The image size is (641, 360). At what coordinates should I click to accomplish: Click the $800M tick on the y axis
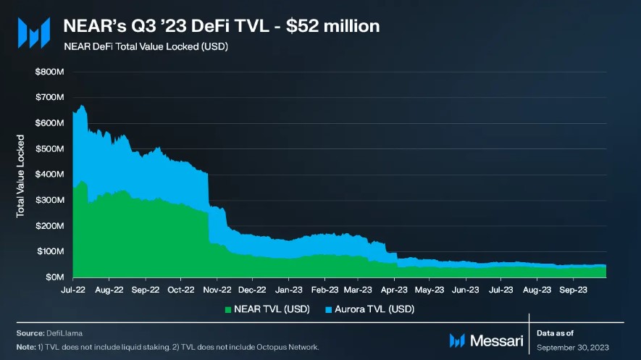(49, 72)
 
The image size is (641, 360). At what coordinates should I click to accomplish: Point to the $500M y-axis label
(49, 148)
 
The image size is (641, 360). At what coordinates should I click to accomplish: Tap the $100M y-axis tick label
(49, 251)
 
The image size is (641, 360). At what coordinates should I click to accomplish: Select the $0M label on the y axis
(54, 277)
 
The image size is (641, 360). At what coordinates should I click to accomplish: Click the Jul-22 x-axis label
(73, 289)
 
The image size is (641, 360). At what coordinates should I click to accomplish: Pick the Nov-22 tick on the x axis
(215, 289)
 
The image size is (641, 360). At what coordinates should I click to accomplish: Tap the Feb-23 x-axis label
(324, 289)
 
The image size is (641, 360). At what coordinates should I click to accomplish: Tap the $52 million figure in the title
(334, 26)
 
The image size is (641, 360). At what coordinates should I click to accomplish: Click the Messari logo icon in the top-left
(33, 33)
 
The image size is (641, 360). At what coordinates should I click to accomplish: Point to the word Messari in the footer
(496, 340)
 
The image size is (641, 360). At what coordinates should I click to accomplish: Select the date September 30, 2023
(571, 348)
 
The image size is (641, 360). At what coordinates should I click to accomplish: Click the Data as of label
(556, 333)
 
